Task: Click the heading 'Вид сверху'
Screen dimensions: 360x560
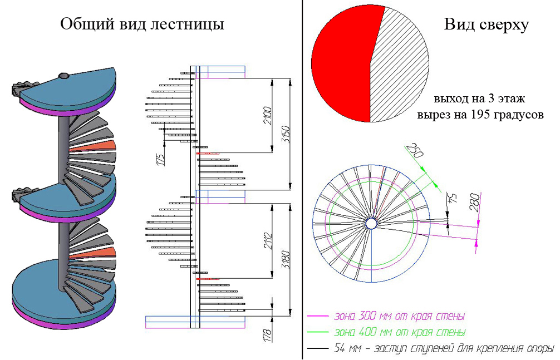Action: pos(486,24)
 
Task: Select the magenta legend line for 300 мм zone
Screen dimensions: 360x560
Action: pos(318,317)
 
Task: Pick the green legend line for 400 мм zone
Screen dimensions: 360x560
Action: pos(318,333)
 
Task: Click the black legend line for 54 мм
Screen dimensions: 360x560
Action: pos(318,349)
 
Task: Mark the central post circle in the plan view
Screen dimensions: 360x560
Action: pos(371,223)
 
